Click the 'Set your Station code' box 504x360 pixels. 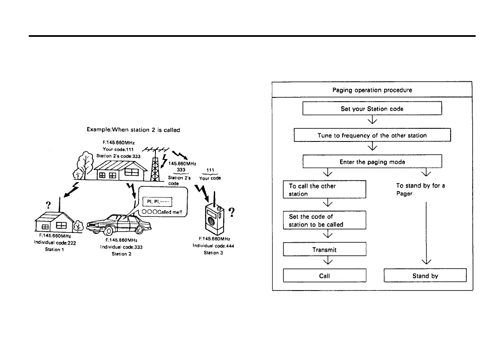(372, 108)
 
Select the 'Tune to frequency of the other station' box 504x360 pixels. (372, 135)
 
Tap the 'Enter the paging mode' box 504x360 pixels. (372, 161)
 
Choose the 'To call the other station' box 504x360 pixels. (324, 190)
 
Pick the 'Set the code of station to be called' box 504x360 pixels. (324, 220)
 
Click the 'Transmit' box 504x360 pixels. (324, 249)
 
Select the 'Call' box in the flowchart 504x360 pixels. (324, 276)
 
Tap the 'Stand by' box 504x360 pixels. (425, 276)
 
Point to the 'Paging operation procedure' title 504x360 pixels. (372, 90)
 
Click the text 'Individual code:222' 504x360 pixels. (55, 243)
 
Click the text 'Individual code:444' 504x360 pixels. (213, 246)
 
